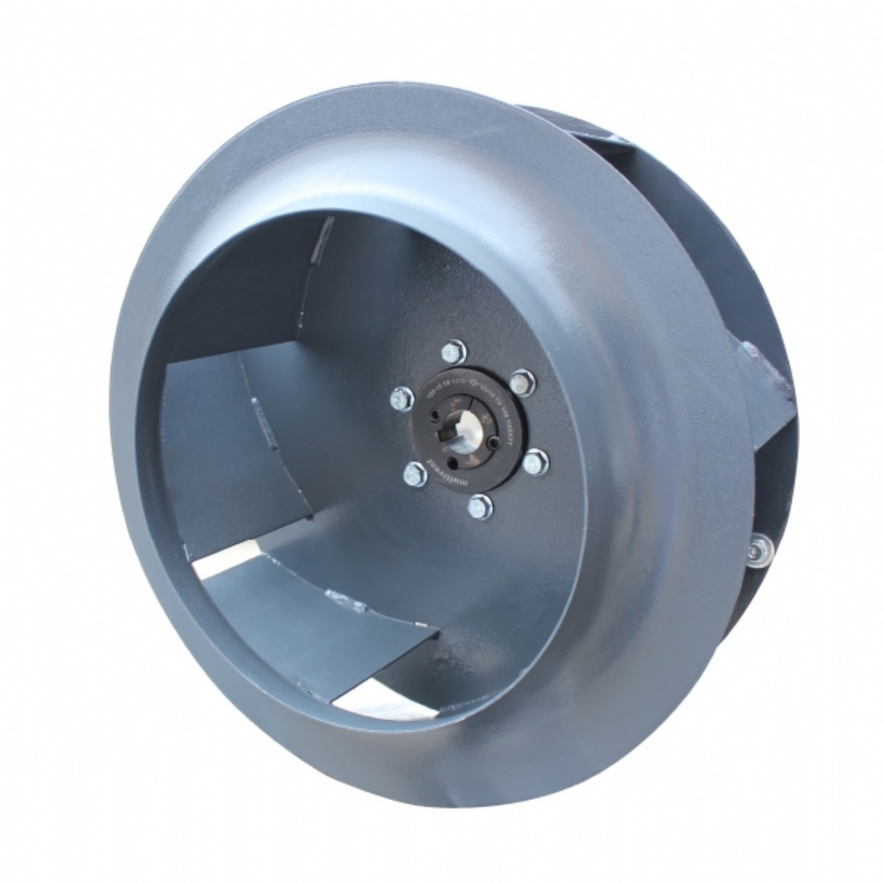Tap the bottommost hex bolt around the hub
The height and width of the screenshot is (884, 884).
coord(479,505)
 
